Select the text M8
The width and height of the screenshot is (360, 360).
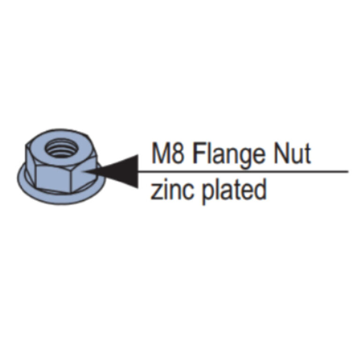tap(168, 153)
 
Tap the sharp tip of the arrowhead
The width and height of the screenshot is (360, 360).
tap(86, 172)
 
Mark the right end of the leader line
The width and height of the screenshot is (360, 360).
tap(348, 171)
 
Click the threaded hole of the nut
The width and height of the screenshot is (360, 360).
tap(60, 149)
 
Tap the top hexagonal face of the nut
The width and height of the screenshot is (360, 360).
tap(60, 149)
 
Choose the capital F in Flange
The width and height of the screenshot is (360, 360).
tap(200, 153)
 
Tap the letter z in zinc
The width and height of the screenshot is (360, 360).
tap(157, 192)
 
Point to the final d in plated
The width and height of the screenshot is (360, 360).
tap(260, 190)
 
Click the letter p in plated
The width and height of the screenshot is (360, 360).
tap(209, 195)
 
